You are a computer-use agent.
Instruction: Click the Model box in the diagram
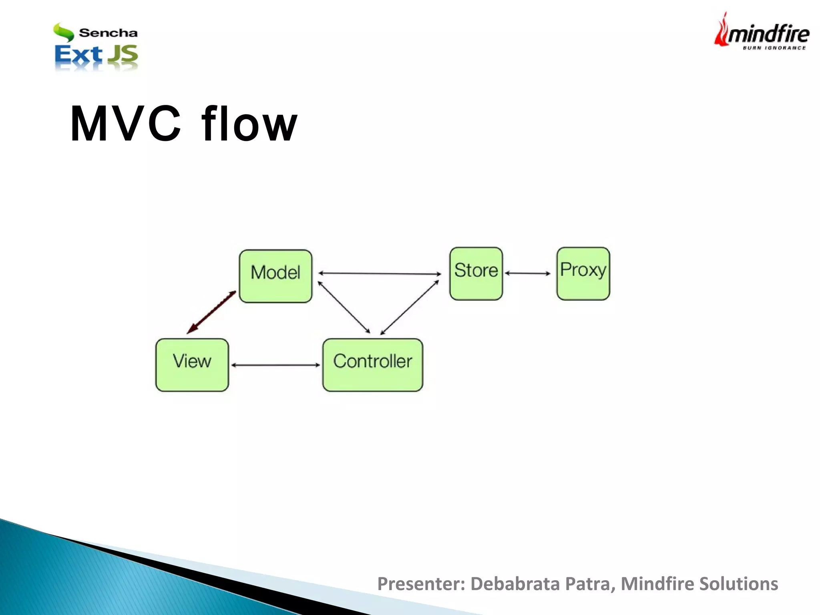pos(275,276)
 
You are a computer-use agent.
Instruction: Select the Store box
pos(476,273)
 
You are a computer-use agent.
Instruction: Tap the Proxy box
pos(583,273)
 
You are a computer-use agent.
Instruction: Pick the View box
pos(192,365)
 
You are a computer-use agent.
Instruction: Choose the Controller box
pos(372,365)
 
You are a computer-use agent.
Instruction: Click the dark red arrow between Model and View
pos(211,313)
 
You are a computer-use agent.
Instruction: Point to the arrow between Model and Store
pos(380,274)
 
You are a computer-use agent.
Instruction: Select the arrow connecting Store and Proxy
pos(527,273)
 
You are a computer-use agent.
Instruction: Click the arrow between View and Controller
pos(275,365)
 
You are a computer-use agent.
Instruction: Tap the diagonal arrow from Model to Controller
pos(344,307)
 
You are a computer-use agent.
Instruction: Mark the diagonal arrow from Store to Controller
pos(409,307)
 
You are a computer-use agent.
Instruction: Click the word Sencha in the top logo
pos(108,33)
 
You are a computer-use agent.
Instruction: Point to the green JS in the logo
pos(123,55)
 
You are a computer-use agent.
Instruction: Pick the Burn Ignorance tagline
pos(774,48)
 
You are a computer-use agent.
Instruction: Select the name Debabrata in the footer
pos(515,584)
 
